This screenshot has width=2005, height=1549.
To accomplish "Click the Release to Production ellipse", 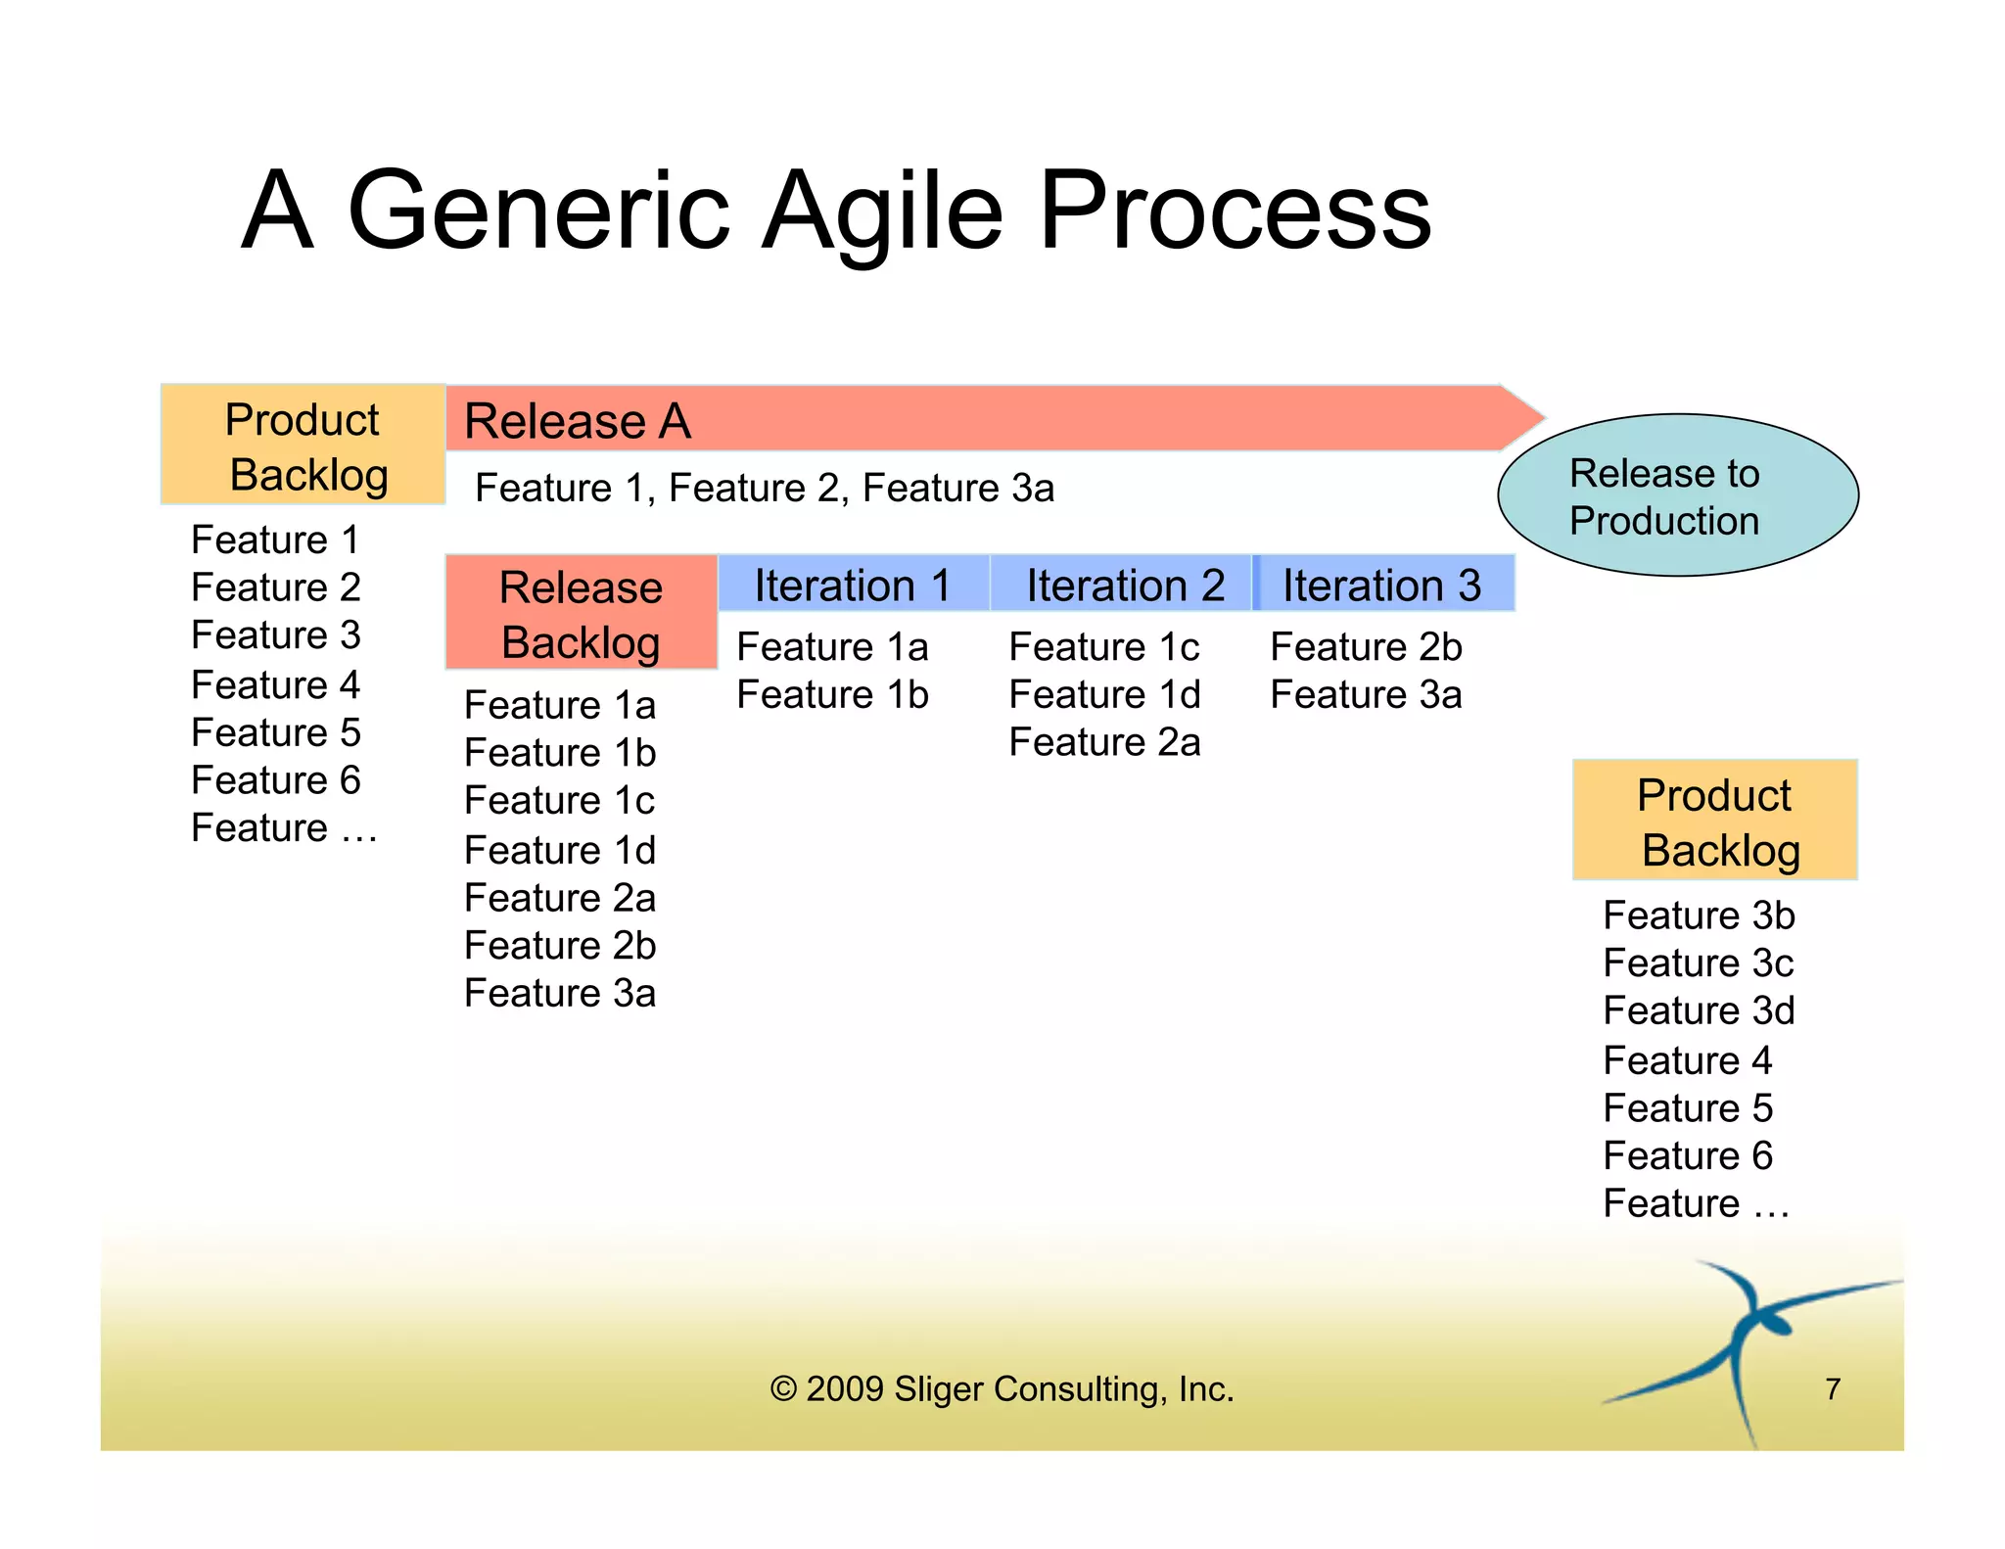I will pyautogui.click(x=1677, y=495).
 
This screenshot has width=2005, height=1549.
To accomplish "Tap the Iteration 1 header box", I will pyautogui.click(x=853, y=585).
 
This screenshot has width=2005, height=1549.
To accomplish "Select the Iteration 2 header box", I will pyautogui.click(x=1122, y=585).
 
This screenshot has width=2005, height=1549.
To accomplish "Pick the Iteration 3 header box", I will pyautogui.click(x=1382, y=585).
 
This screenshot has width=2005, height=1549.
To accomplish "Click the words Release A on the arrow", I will pyautogui.click(x=578, y=421).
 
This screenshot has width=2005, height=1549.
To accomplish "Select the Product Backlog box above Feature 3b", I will pyautogui.click(x=1714, y=821).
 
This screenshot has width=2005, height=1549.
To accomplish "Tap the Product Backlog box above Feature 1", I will pyautogui.click(x=303, y=446).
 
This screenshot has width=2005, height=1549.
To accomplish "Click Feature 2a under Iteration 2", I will pyautogui.click(x=1104, y=742).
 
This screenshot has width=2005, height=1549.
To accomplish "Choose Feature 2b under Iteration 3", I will pyautogui.click(x=1365, y=647).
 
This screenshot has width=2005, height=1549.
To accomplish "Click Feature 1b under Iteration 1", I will pyautogui.click(x=832, y=695).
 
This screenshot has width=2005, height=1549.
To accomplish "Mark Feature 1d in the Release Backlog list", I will pyautogui.click(x=560, y=850).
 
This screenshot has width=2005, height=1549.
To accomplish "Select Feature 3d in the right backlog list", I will pyautogui.click(x=1699, y=1010).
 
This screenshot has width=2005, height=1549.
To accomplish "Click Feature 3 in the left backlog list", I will pyautogui.click(x=276, y=635).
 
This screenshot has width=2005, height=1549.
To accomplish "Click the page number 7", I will pyautogui.click(x=1833, y=1388).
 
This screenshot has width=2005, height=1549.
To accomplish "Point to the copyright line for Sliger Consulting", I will pyautogui.click(x=1002, y=1388).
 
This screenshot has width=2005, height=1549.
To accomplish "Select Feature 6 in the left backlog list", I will pyautogui.click(x=276, y=780).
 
